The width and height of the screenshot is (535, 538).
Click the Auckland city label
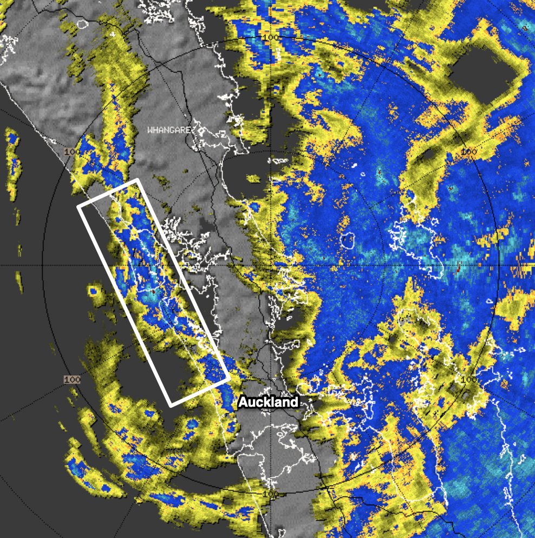pyautogui.click(x=269, y=402)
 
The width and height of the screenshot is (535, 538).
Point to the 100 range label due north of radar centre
pyautogui.click(x=270, y=37)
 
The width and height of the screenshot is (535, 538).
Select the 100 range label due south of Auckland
pyautogui.click(x=269, y=494)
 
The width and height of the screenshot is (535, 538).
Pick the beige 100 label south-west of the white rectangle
pyautogui.click(x=71, y=379)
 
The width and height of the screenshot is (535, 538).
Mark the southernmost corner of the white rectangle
pyautogui.click(x=171, y=405)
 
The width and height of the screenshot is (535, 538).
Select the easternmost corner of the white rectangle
pyautogui.click(x=229, y=378)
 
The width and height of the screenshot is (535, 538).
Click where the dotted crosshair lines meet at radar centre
pyautogui.click(x=270, y=265)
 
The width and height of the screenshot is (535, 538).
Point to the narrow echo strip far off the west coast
pyautogui.click(x=12, y=163)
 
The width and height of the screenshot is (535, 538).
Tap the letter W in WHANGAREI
pyautogui.click(x=151, y=130)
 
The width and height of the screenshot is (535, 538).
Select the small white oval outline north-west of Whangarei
pyautogui.click(x=82, y=24)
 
